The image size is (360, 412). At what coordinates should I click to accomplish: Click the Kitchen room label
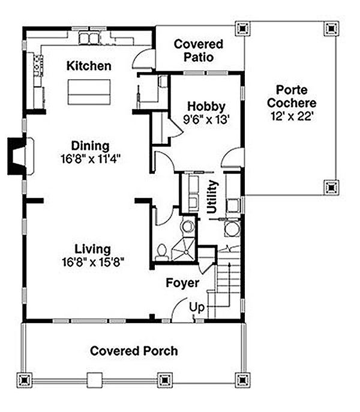pyautogui.click(x=89, y=65)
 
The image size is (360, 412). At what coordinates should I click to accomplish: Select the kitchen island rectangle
pyautogui.click(x=89, y=91)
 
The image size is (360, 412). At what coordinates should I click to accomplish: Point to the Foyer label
pyautogui.click(x=182, y=282)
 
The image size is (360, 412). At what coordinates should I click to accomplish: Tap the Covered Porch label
pyautogui.click(x=134, y=351)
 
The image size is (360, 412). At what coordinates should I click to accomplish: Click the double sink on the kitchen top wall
pyautogui.click(x=89, y=39)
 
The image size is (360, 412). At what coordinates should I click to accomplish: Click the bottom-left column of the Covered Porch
pyautogui.click(x=25, y=380)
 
